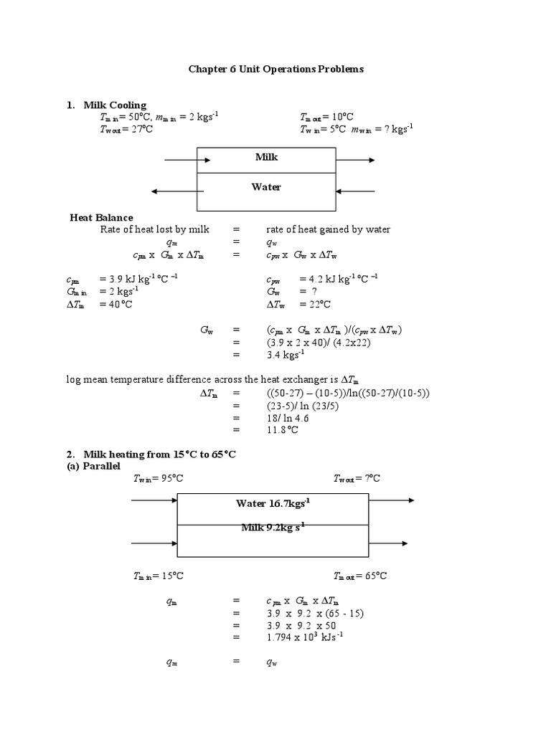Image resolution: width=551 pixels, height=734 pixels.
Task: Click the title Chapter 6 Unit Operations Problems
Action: coord(275,70)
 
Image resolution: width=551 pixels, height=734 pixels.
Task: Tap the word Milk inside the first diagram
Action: coord(266,157)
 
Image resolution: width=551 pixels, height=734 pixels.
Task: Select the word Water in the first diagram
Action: coord(266,187)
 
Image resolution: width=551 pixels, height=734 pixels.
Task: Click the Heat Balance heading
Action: coord(101,218)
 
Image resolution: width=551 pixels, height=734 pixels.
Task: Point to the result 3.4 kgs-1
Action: coord(286,353)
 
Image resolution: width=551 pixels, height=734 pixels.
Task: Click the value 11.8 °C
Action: coord(282,430)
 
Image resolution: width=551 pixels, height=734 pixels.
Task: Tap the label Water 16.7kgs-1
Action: coord(273,503)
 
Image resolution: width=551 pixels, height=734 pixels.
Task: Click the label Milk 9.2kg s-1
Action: coord(273,528)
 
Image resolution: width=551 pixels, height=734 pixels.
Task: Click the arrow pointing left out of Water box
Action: coord(175,191)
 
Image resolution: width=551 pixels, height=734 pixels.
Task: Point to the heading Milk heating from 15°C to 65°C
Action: coord(160,454)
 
